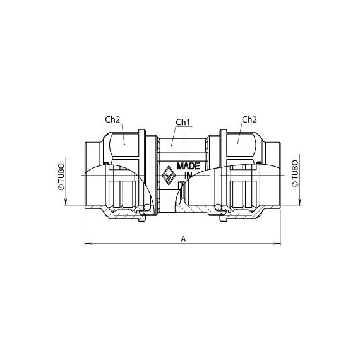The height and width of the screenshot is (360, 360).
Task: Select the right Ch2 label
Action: click(249, 119)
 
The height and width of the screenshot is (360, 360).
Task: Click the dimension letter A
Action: click(183, 239)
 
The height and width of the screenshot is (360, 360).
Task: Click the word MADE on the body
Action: click(188, 165)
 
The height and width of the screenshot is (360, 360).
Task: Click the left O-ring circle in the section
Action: click(147, 208)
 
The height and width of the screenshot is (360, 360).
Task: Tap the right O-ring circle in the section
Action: click(219, 208)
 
